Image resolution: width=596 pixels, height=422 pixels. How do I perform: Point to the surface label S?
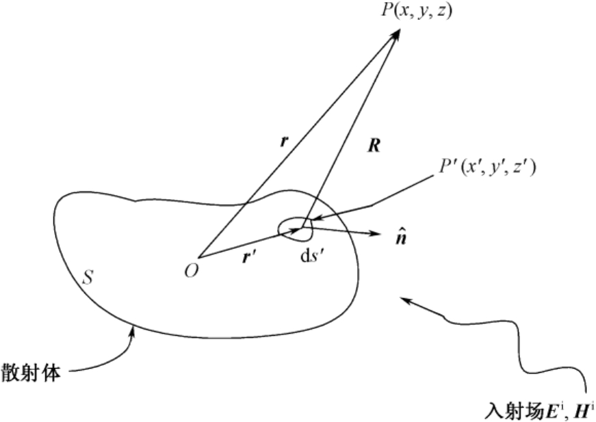[x=88, y=278]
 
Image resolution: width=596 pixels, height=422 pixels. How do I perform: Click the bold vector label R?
[x=372, y=146]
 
